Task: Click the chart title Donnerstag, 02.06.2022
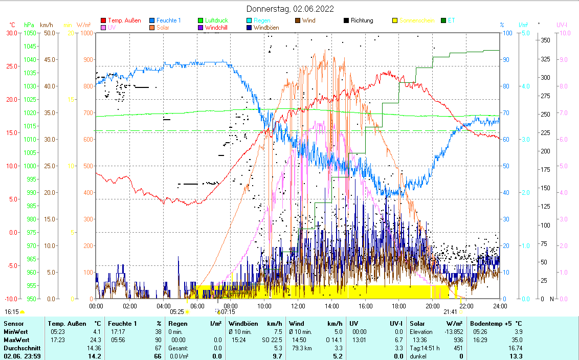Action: (x=290, y=9)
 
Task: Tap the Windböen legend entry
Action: (x=266, y=28)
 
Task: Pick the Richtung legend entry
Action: (x=362, y=20)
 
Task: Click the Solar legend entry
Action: (x=162, y=28)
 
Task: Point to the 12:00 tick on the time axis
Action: (x=298, y=306)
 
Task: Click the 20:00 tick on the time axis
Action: (x=432, y=306)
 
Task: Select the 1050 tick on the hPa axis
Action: (x=30, y=33)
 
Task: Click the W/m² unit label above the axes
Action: (x=84, y=25)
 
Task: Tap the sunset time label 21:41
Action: (x=450, y=311)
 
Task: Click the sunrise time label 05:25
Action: (x=176, y=311)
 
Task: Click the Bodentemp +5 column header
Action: (x=496, y=324)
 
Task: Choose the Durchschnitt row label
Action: (x=19, y=348)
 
